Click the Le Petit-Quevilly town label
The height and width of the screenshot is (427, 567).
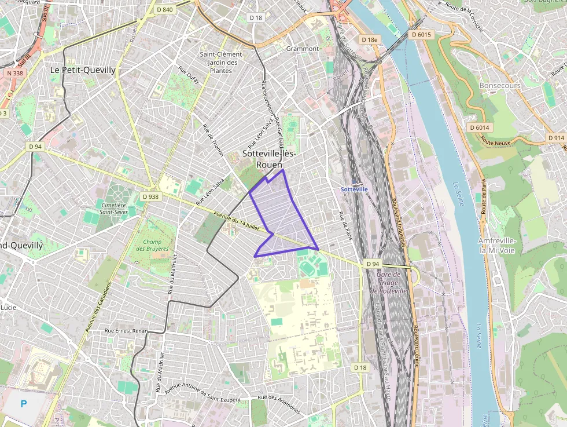click(x=83, y=70)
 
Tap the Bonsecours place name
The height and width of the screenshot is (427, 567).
click(x=500, y=85)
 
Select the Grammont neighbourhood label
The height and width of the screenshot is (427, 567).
click(x=302, y=49)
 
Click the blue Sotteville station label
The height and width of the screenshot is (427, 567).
click(x=354, y=189)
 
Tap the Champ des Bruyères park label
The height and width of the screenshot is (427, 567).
click(x=152, y=244)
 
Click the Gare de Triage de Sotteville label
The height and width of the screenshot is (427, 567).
click(x=392, y=283)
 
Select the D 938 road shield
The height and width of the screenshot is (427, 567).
click(x=150, y=196)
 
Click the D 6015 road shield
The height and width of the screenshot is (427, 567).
click(x=421, y=35)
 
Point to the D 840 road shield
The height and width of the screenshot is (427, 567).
click(x=165, y=9)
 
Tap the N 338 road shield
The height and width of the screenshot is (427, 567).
click(x=15, y=73)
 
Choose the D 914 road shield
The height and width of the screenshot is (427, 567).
click(x=555, y=138)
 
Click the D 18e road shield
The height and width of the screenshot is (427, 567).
click(x=369, y=39)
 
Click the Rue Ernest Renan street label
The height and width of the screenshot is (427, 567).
click(x=126, y=331)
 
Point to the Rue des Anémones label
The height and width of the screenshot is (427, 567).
click(x=279, y=404)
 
